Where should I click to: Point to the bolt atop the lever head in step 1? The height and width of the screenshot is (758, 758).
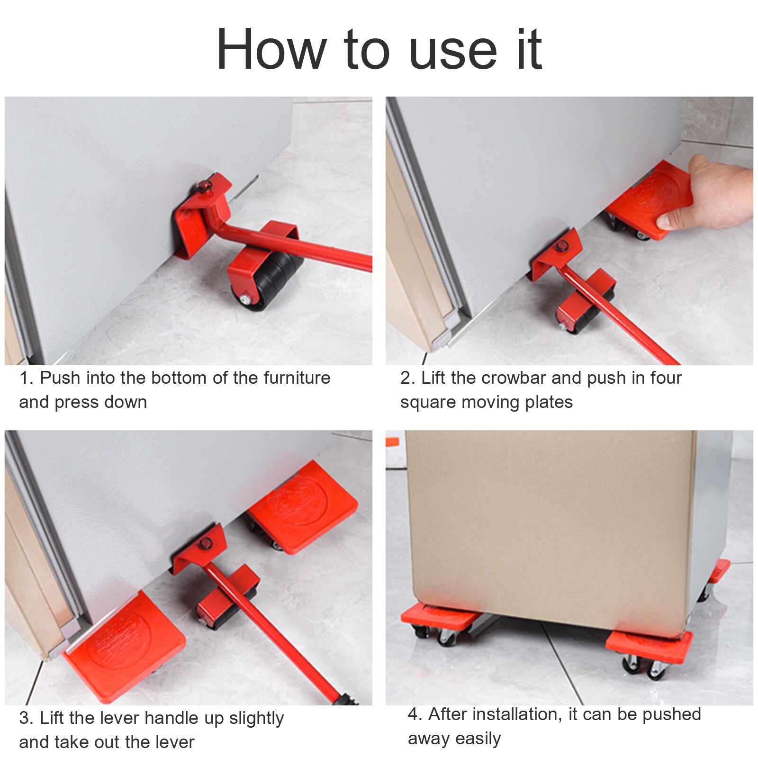[205, 186]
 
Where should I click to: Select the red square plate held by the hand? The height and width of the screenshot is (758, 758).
[649, 199]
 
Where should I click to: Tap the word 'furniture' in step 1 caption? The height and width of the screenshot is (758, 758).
[297, 378]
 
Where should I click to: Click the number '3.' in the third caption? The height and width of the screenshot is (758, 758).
[26, 718]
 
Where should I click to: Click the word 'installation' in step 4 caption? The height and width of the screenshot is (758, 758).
[516, 714]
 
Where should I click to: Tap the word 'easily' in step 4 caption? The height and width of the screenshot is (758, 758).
[478, 739]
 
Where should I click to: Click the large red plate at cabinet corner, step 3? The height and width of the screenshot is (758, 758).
[124, 647]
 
